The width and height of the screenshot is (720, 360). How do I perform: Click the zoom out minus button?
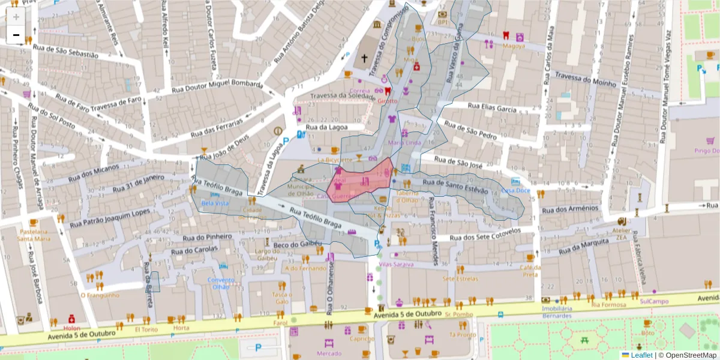(16, 35)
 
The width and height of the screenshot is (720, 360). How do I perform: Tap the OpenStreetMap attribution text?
(688, 355)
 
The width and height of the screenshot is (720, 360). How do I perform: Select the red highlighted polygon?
(360, 182)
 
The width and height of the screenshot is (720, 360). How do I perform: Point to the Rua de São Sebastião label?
(66, 53)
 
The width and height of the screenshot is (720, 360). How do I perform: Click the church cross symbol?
(364, 59)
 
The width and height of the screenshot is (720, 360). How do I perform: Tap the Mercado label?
(329, 353)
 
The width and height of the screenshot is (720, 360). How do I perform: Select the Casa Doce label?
(516, 190)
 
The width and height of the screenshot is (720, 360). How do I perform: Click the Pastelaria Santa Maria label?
(34, 235)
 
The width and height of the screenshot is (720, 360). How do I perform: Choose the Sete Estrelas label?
(460, 278)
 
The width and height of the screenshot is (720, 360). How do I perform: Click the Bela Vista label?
(215, 203)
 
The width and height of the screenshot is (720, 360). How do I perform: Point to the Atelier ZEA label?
(622, 233)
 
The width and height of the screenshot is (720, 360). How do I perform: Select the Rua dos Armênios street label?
(570, 209)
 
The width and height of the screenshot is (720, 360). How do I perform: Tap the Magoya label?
(514, 46)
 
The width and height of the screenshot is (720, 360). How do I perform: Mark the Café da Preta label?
(529, 271)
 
